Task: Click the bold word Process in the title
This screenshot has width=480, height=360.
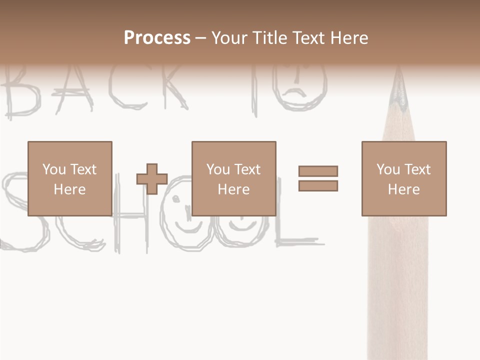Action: point(157,38)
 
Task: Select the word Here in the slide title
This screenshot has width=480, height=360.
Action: point(348,38)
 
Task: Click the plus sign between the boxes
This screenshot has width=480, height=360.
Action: point(152,179)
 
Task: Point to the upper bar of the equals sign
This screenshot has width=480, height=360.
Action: point(318,171)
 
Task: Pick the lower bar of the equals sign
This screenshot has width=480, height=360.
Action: point(318,186)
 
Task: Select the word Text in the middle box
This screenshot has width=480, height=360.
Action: point(247,169)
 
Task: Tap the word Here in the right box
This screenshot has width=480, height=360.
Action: point(403,189)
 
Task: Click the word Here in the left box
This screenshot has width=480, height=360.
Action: point(69,189)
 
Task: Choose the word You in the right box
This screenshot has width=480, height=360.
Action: point(388,169)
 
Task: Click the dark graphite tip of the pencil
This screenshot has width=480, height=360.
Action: point(399,95)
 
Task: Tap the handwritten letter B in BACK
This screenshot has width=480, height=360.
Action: point(22,95)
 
